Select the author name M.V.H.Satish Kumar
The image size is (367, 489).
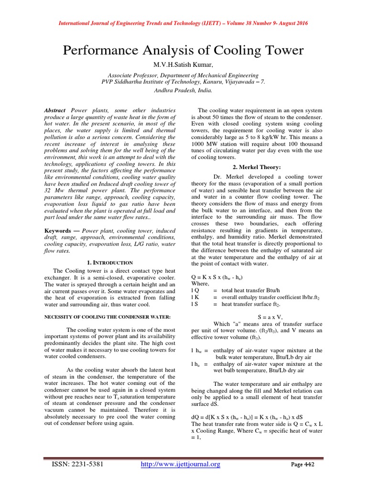click(183, 64)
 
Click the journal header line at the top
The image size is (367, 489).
click(183, 23)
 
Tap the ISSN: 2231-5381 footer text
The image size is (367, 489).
click(78, 464)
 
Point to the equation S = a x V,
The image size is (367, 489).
click(257, 316)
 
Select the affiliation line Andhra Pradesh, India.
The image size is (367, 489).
click(183, 90)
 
